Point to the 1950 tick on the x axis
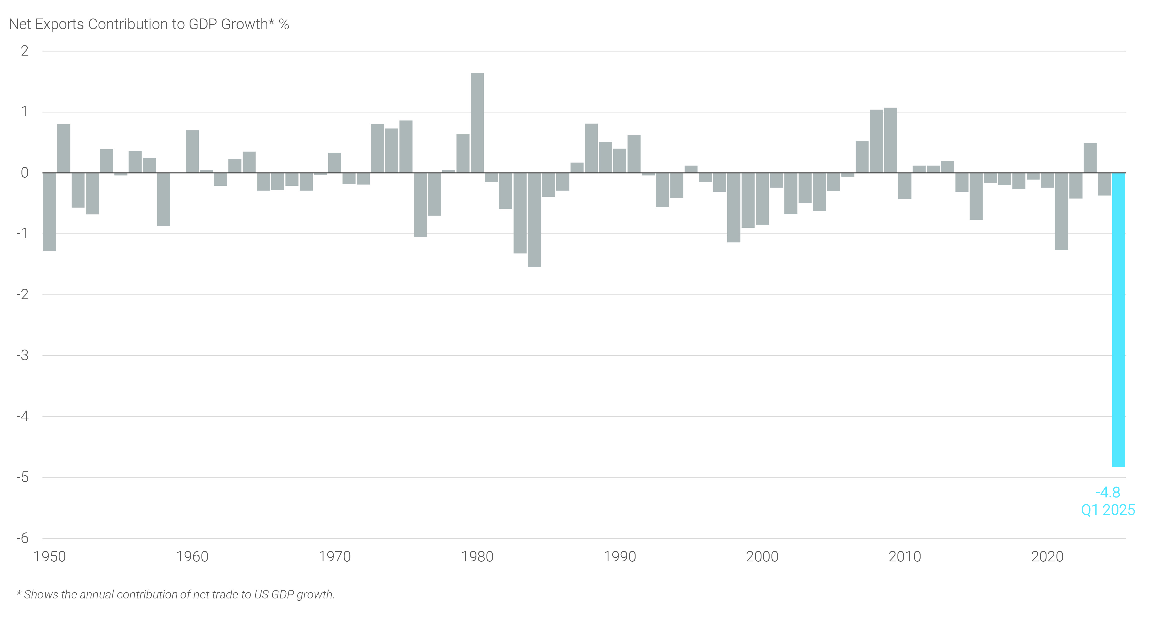click(x=50, y=557)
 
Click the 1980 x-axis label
click(x=477, y=557)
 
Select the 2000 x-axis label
click(x=762, y=557)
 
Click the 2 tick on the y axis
click(x=25, y=51)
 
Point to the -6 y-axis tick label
click(x=22, y=538)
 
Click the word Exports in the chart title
click(x=59, y=24)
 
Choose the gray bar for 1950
click(x=49, y=212)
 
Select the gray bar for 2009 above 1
click(x=890, y=140)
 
